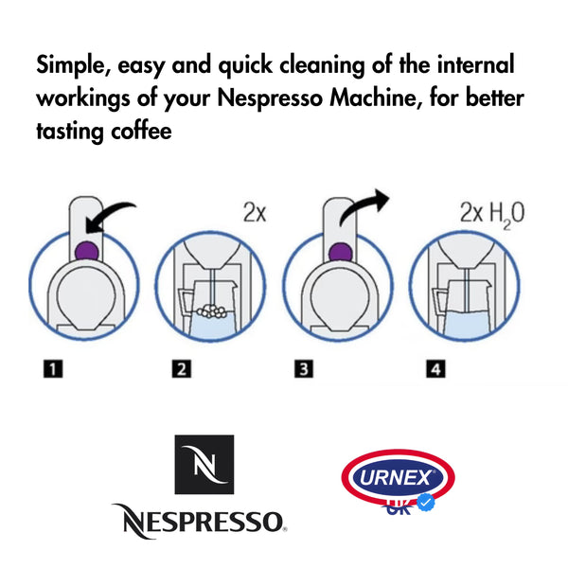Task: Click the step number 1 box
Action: [x=53, y=369]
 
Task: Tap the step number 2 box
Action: [x=182, y=369]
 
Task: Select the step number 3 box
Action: [x=304, y=369]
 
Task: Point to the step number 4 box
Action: [x=435, y=369]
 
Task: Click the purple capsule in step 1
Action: [x=86, y=251]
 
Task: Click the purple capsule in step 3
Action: [x=341, y=252]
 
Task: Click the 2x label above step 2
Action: [x=255, y=212]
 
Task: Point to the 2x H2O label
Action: [x=492, y=215]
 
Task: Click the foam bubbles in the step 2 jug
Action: [x=212, y=311]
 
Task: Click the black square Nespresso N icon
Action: [x=204, y=465]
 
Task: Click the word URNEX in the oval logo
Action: [x=396, y=477]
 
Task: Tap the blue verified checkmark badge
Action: [x=426, y=502]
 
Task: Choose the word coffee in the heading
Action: [x=141, y=131]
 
